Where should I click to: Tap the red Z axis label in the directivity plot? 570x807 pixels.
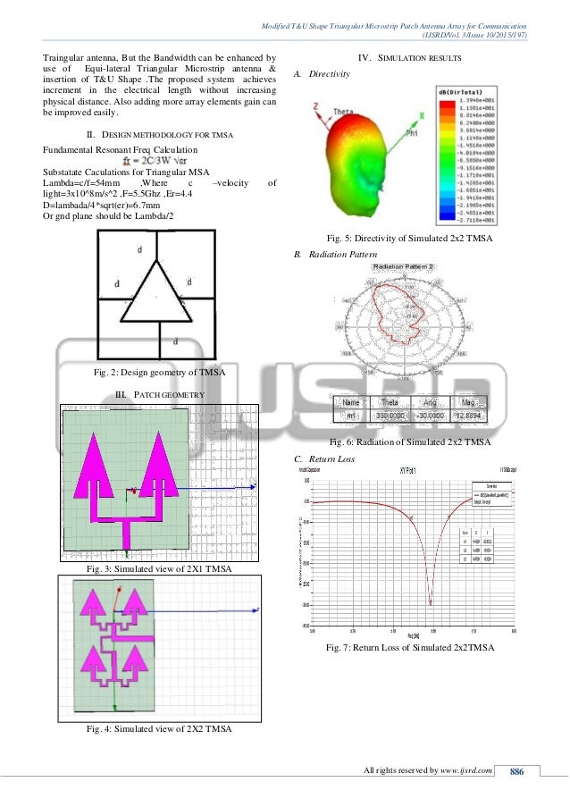pos(314,105)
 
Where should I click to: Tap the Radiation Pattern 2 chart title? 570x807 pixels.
pos(403,266)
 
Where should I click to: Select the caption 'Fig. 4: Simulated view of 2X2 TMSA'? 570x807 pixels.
pos(158,729)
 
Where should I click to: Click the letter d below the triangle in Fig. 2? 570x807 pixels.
pos(174,341)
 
